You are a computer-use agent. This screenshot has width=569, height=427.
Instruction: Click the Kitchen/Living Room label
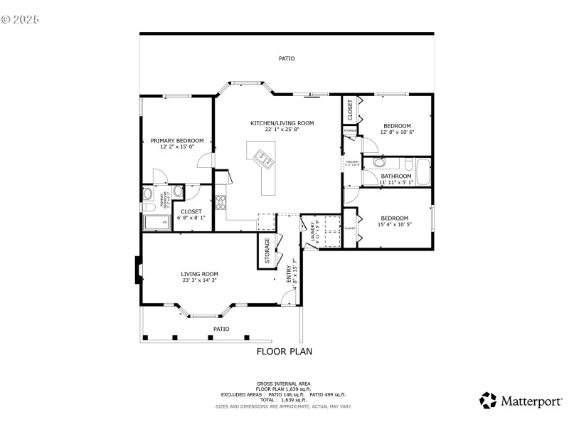tap(282, 123)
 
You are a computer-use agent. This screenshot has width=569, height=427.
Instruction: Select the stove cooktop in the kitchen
tap(220, 202)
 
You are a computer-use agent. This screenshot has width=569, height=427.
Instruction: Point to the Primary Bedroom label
tap(176, 140)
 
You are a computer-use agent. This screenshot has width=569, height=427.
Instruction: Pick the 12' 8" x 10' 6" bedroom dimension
tap(397, 132)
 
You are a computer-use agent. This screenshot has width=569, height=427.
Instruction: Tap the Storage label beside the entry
tap(267, 250)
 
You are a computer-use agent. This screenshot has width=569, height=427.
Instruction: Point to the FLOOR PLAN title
tap(284, 351)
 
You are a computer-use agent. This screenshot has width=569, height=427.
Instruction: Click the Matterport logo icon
tap(487, 401)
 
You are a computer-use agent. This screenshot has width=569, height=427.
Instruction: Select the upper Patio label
tap(286, 58)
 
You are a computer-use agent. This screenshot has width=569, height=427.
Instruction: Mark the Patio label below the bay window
tap(221, 329)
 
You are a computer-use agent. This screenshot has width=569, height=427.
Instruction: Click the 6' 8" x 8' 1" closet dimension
tap(191, 218)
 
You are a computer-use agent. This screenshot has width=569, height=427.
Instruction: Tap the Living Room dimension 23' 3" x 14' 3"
tap(199, 280)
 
